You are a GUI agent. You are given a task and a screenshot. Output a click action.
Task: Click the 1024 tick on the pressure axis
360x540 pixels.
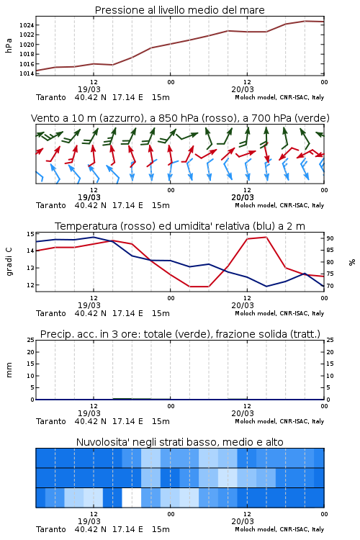(x=26, y=25)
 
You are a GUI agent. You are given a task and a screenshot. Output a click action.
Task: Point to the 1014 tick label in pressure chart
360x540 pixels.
(x=26, y=73)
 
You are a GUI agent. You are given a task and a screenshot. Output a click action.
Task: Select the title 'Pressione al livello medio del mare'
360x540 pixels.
(x=179, y=10)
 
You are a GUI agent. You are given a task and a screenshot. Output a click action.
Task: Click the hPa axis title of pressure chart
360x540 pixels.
(x=9, y=45)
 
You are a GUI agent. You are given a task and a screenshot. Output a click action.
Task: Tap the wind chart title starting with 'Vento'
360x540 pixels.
(x=180, y=118)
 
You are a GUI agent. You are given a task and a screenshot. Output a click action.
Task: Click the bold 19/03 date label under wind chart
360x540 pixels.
(x=89, y=197)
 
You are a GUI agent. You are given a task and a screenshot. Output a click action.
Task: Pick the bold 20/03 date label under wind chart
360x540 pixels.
(x=243, y=197)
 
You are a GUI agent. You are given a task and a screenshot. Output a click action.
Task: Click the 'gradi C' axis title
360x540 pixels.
(x=9, y=261)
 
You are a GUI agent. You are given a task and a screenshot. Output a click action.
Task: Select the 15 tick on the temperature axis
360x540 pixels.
(x=30, y=234)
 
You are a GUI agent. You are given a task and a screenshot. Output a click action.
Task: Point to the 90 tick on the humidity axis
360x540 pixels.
(x=330, y=238)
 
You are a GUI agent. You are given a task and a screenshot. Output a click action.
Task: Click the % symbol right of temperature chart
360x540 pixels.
(x=352, y=262)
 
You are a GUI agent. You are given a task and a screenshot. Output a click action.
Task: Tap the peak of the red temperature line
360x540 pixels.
(x=266, y=237)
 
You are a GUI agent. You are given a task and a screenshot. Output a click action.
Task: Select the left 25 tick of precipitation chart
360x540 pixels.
(x=30, y=340)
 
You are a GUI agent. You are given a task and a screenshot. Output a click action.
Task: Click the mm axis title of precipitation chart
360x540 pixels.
(x=9, y=370)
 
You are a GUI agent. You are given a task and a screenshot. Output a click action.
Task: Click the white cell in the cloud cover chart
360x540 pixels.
(x=132, y=498)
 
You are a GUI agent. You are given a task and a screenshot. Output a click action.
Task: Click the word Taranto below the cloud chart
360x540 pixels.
(x=50, y=529)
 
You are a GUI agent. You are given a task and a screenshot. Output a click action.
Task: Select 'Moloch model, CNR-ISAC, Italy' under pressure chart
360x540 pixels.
(x=279, y=97)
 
